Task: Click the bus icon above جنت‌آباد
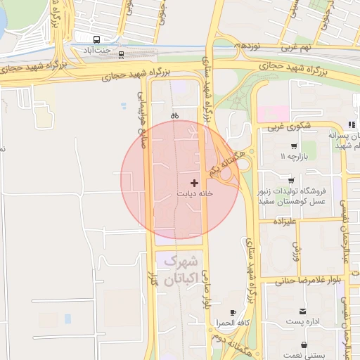coord(96,39)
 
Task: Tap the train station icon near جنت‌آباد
coord(122,54)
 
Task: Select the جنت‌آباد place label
coord(98,51)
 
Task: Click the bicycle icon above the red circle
coord(174,115)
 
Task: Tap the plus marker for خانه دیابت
coord(195,183)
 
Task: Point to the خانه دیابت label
coord(194,193)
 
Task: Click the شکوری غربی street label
coord(288,127)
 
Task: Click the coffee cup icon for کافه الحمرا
coord(233,311)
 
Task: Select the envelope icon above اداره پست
coord(303,311)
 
